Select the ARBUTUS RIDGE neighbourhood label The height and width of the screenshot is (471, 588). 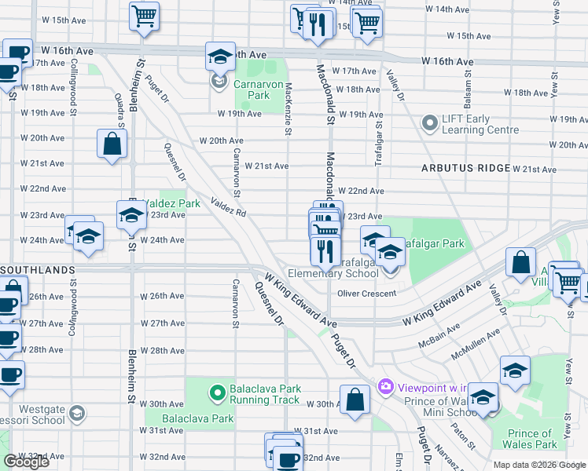point(465,169)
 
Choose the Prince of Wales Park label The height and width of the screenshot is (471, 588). point(530,439)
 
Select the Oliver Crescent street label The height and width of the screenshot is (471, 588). point(366,294)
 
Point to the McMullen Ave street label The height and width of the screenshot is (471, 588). point(476,345)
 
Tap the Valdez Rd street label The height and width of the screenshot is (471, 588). point(229,208)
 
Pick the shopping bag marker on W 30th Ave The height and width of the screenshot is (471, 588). point(355,398)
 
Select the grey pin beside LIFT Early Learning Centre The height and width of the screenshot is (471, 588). point(429,124)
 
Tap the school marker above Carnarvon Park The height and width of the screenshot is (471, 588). point(219,56)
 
